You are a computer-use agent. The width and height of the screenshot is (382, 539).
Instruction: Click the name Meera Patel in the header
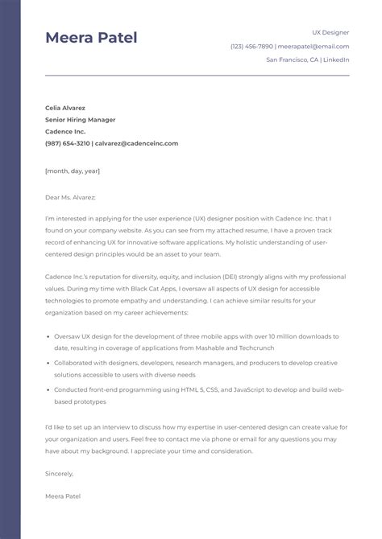point(91,38)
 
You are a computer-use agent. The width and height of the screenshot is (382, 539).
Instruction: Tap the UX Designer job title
point(330,32)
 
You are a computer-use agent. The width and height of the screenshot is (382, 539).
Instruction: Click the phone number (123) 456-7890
point(251,46)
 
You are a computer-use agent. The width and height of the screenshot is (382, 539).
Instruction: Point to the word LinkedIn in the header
point(336,60)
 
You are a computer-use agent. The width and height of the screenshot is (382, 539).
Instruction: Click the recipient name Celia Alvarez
point(65,108)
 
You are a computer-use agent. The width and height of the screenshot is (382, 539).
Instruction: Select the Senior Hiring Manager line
point(80,120)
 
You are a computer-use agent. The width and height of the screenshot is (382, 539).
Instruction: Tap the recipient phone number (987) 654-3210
point(68,143)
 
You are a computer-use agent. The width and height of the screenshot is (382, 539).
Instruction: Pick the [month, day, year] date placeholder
point(73,171)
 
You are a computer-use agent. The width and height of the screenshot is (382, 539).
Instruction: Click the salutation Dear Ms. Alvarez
point(70,196)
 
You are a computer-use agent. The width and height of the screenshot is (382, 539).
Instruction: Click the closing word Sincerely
point(60,473)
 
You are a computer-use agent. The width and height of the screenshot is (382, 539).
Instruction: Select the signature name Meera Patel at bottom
point(63,496)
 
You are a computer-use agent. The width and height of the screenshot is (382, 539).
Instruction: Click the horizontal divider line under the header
point(197,76)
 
